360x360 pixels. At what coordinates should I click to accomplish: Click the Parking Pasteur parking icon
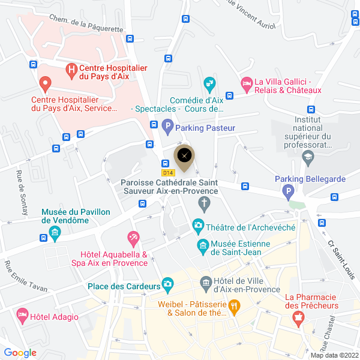click(168, 127)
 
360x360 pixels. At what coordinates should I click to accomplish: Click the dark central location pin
click(184, 155)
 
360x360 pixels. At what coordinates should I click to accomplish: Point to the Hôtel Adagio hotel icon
click(22, 314)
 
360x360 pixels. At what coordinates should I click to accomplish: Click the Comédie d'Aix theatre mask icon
click(209, 83)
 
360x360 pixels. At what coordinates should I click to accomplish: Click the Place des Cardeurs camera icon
click(169, 283)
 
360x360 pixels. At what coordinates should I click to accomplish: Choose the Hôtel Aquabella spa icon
click(133, 238)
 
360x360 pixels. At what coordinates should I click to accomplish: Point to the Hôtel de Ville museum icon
click(205, 282)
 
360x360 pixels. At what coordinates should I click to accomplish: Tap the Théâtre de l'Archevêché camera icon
click(197, 226)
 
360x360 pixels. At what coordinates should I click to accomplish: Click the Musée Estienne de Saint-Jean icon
click(203, 245)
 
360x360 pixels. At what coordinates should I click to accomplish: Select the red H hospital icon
click(72, 71)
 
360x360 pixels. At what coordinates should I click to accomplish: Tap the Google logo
click(20, 353)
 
